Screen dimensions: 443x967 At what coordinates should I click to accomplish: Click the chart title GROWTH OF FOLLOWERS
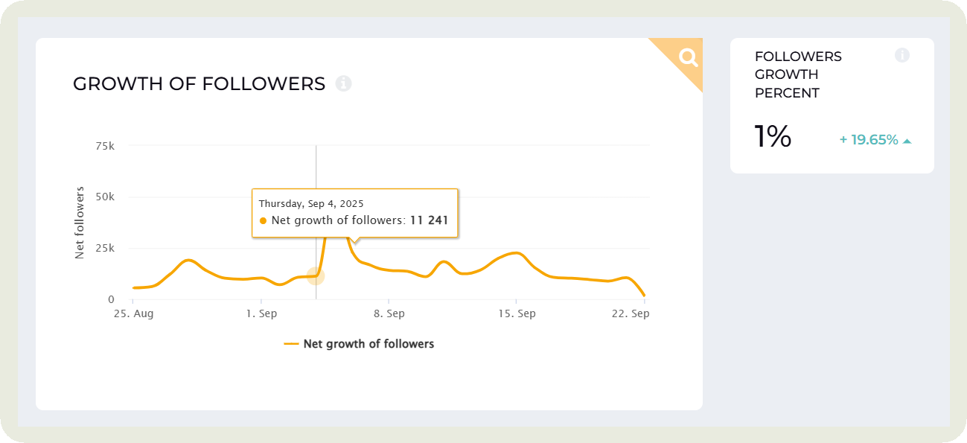pyautogui.click(x=199, y=84)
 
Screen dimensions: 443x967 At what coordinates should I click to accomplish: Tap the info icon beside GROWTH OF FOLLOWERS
pyautogui.click(x=343, y=83)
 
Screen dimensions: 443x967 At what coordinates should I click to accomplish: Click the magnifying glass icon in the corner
pyautogui.click(x=687, y=57)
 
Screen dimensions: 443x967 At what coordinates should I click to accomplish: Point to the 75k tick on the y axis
pyautogui.click(x=104, y=146)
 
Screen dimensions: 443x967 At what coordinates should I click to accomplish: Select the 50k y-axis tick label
pyautogui.click(x=104, y=197)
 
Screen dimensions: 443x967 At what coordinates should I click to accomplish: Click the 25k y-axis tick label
pyautogui.click(x=104, y=249)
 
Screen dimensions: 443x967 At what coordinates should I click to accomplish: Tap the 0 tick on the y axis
pyautogui.click(x=111, y=299)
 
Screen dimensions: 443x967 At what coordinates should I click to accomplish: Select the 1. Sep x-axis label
pyautogui.click(x=261, y=313)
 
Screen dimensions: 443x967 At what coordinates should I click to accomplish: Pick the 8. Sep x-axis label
pyautogui.click(x=389, y=313)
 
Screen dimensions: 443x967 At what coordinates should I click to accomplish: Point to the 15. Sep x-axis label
pyautogui.click(x=517, y=313)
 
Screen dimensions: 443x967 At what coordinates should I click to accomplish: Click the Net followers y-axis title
pyautogui.click(x=80, y=223)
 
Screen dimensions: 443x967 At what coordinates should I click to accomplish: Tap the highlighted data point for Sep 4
pyautogui.click(x=316, y=276)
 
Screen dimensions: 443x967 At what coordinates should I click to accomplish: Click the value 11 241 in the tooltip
pyautogui.click(x=430, y=220)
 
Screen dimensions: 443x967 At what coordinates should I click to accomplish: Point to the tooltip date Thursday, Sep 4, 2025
pyautogui.click(x=311, y=203)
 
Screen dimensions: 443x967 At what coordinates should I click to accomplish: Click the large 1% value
pyautogui.click(x=773, y=137)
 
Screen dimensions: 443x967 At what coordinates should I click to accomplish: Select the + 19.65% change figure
pyautogui.click(x=869, y=139)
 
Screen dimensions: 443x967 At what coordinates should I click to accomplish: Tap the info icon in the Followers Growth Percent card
pyautogui.click(x=902, y=55)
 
